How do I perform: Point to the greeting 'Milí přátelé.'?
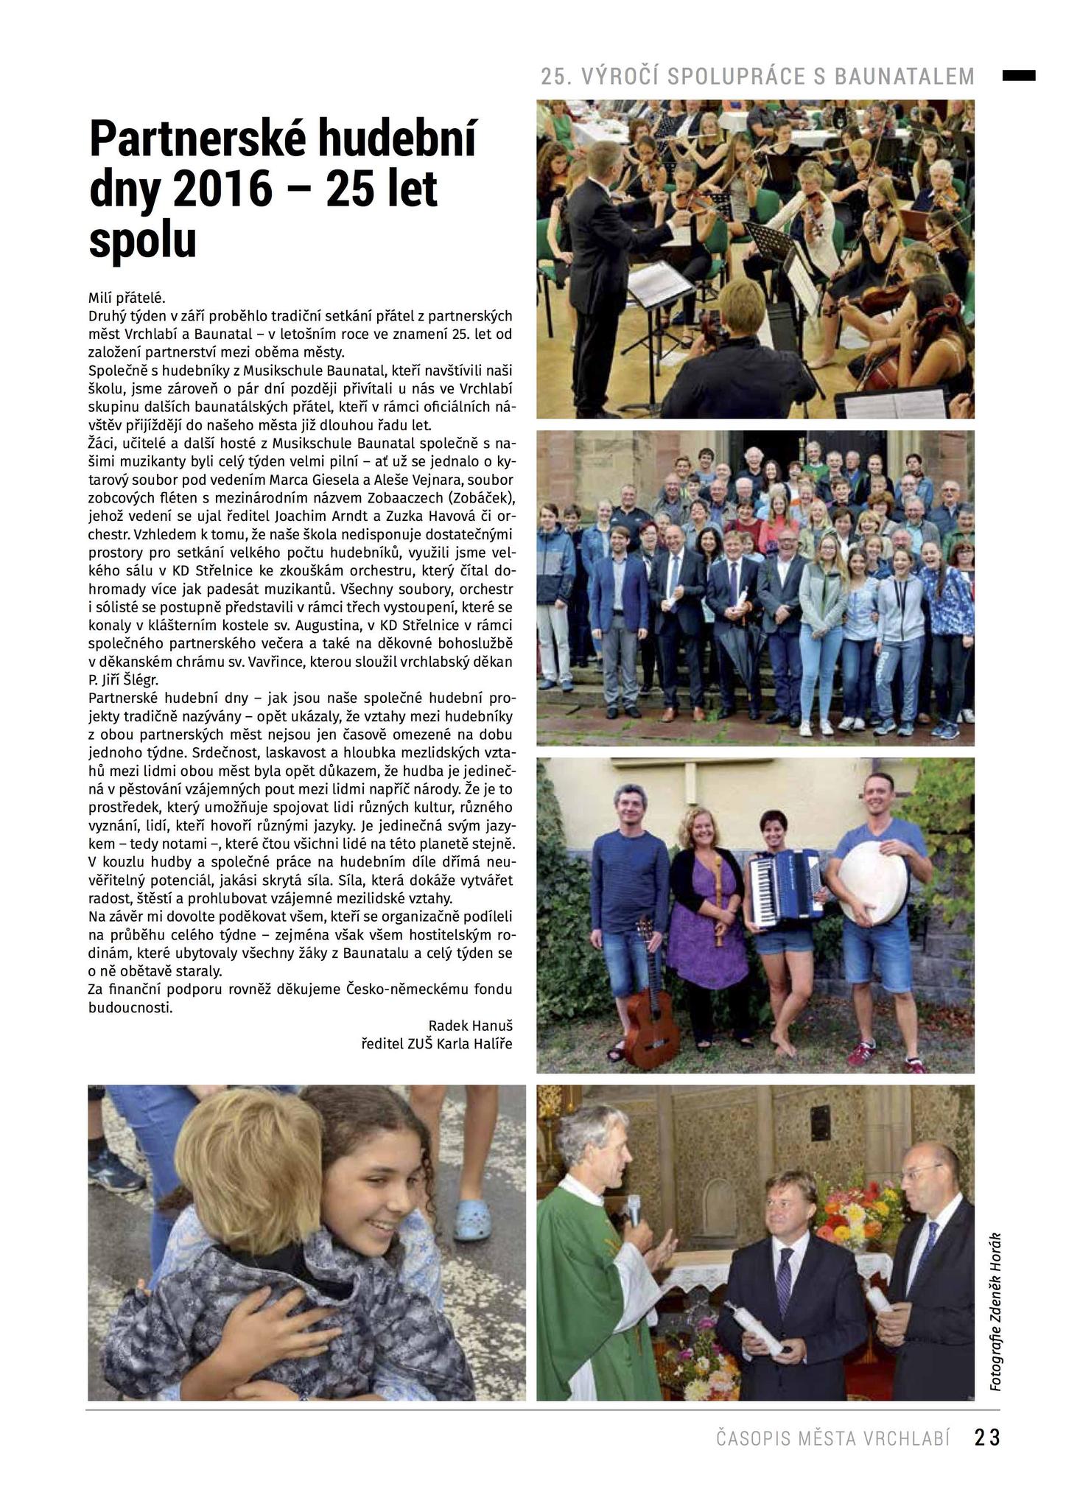click(x=127, y=298)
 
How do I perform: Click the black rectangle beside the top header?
click(x=1018, y=75)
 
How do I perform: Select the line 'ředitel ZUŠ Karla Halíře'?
click(x=436, y=1044)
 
